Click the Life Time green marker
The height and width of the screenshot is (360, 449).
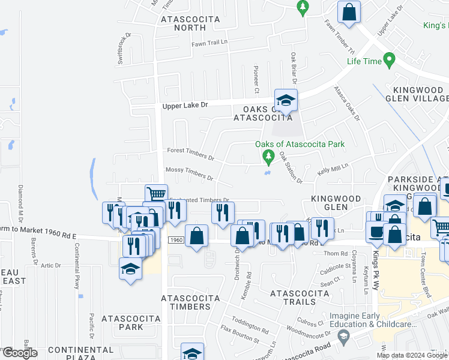pos(389,60)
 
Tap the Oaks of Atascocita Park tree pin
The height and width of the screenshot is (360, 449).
pos(268,158)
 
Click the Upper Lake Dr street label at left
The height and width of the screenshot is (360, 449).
pos(185,105)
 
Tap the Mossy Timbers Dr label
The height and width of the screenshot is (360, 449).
pos(189,174)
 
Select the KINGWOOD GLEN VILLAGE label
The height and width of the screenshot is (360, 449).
pos(417,94)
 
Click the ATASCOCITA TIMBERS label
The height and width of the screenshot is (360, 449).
pos(186,302)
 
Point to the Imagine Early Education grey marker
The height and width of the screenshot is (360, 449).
pos(343,338)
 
